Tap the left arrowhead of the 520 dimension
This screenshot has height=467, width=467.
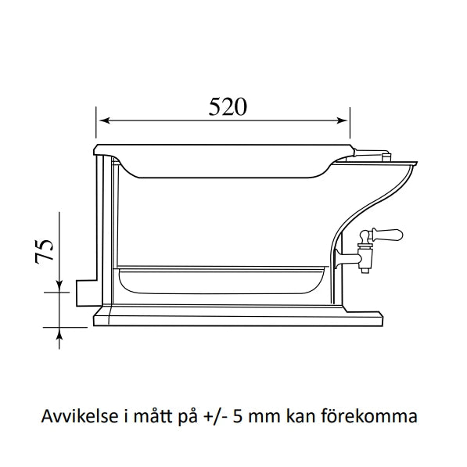coord(101,121)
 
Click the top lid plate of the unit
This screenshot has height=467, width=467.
coord(223,149)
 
